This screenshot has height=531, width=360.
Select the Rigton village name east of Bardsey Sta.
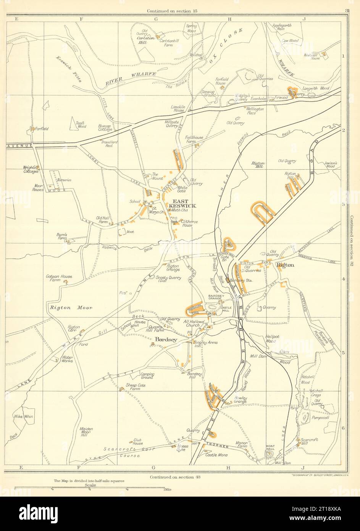pyautogui.click(x=286, y=265)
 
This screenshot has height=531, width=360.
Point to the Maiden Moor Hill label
pyautogui.click(x=87, y=432)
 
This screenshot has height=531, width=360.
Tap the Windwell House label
pyautogui.click(x=312, y=56)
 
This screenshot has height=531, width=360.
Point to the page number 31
pyautogui.click(x=346, y=11)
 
